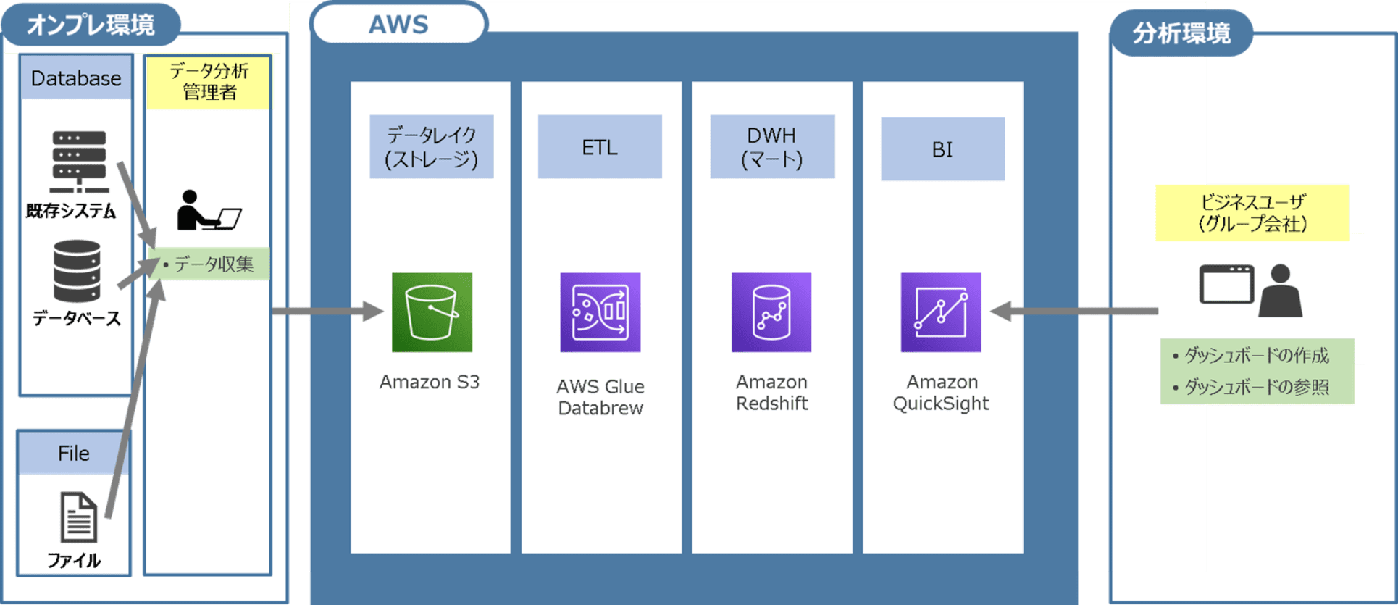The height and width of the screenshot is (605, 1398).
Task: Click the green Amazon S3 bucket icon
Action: pyautogui.click(x=432, y=312)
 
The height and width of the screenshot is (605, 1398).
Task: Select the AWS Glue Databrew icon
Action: pyautogui.click(x=600, y=312)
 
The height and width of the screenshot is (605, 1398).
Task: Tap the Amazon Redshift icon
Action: pyautogui.click(x=771, y=312)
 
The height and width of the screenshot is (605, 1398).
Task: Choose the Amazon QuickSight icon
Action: pyautogui.click(x=941, y=312)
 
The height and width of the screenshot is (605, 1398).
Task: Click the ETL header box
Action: pyautogui.click(x=600, y=147)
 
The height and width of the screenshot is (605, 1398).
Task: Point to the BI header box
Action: pyautogui.click(x=942, y=149)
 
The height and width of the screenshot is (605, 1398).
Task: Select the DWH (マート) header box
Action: pyautogui.click(x=772, y=147)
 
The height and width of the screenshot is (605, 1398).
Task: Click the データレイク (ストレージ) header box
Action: pyautogui.click(x=432, y=147)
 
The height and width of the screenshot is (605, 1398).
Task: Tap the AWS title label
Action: pyautogui.click(x=398, y=25)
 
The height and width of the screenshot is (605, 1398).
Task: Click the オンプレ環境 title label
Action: pyautogui.click(x=91, y=25)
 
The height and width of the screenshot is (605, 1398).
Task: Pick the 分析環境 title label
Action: pyautogui.click(x=1181, y=33)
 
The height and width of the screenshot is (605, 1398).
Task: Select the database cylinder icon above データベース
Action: pyautogui.click(x=77, y=271)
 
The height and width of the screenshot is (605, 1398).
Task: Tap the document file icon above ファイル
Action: pyautogui.click(x=78, y=517)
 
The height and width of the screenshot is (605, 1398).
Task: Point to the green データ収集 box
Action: pyautogui.click(x=209, y=264)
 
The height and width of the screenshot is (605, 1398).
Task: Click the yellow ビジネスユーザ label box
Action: pyautogui.click(x=1252, y=212)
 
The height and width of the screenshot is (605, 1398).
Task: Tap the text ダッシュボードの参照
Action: pyautogui.click(x=1257, y=388)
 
